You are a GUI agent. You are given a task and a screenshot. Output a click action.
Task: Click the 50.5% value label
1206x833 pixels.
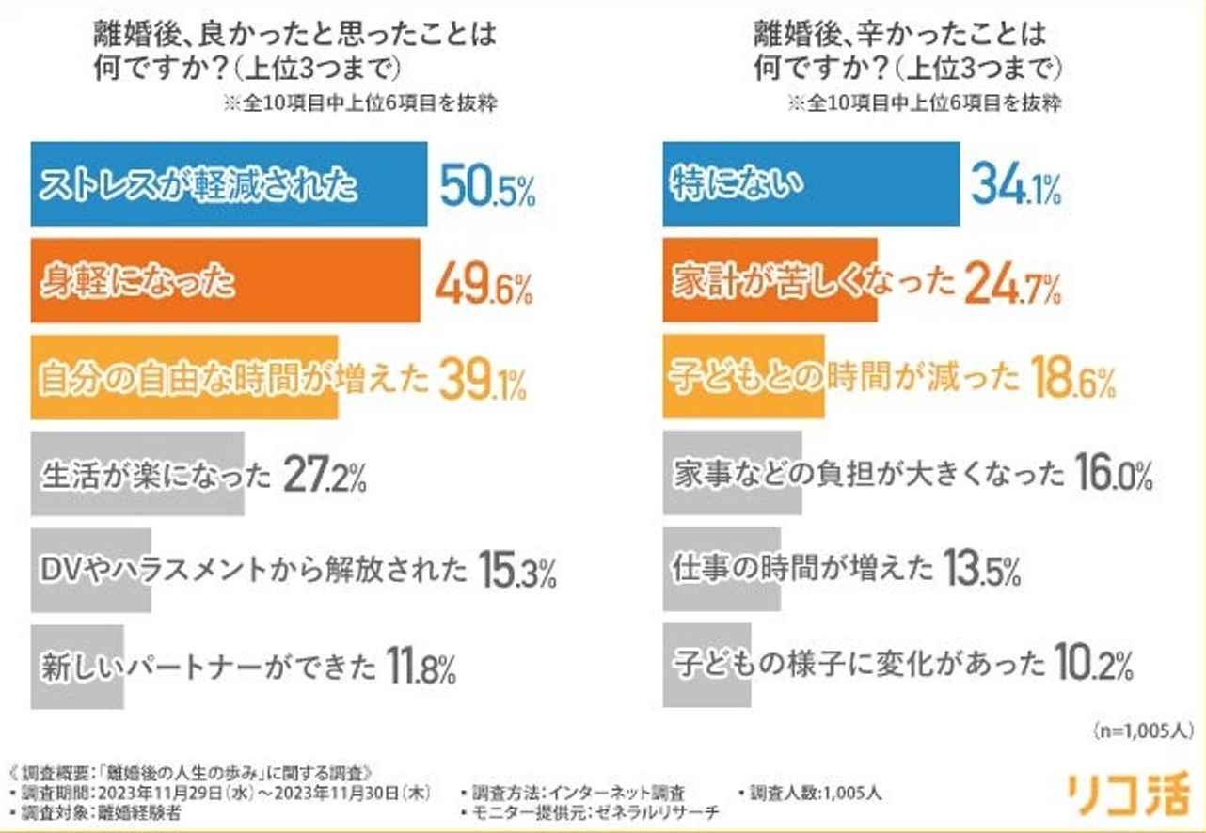(x=487, y=186)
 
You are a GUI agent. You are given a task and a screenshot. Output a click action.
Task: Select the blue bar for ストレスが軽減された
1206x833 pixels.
(x=229, y=184)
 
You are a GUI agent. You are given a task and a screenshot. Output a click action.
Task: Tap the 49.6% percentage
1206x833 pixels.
(x=484, y=283)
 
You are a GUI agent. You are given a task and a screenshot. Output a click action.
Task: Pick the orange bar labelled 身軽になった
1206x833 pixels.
(x=226, y=281)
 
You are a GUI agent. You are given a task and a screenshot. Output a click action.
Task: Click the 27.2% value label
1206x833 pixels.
(x=323, y=475)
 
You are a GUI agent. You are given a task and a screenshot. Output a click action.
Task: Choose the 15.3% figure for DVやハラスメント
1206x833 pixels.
(x=517, y=571)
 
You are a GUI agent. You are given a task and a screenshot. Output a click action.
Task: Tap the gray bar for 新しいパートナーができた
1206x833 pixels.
(x=77, y=667)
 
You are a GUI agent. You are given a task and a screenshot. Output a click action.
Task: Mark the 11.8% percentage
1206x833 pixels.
(x=421, y=667)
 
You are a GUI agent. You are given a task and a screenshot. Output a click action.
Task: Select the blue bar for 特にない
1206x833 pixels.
(x=811, y=184)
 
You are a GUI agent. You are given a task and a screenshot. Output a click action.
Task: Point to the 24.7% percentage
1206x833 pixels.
(x=1011, y=283)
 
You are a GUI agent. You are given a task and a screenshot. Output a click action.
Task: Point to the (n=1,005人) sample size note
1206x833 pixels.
(x=1143, y=729)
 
